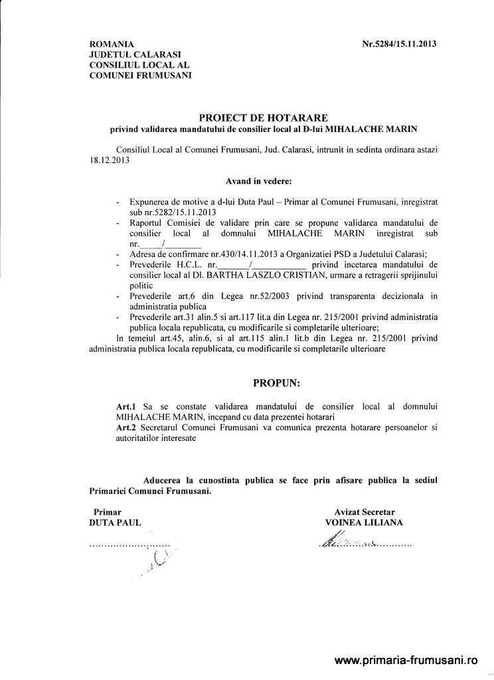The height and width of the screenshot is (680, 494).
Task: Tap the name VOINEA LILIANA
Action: (365, 523)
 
